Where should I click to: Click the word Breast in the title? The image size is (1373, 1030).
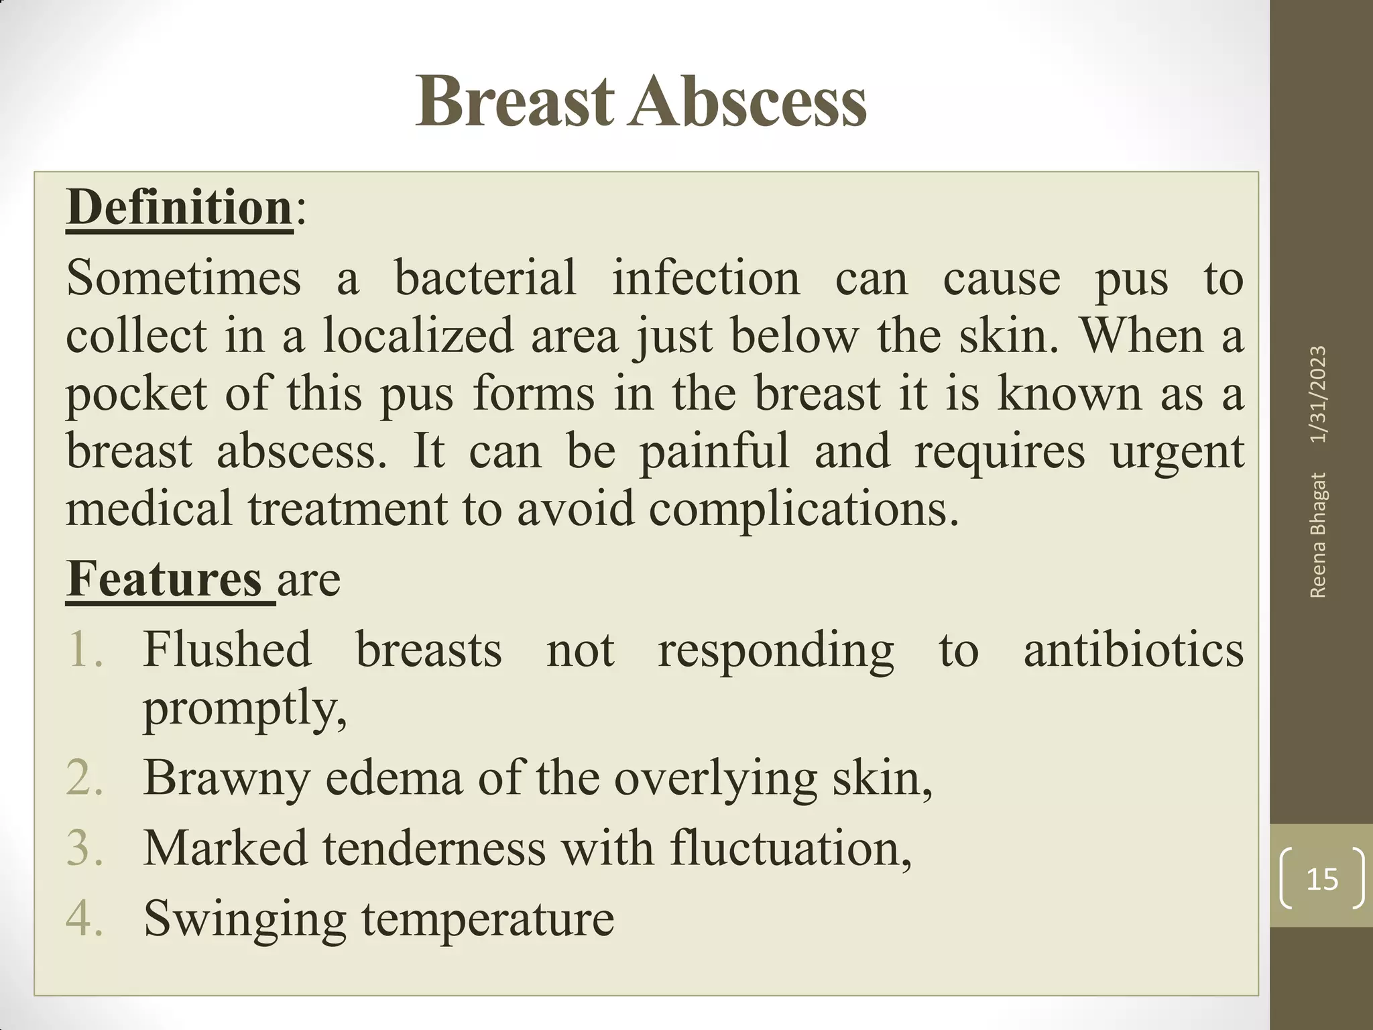(515, 102)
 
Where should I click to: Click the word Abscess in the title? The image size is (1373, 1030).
(747, 102)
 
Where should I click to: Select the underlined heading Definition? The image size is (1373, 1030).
(180, 208)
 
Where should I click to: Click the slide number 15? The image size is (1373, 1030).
(1322, 879)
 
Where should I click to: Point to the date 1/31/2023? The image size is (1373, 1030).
(1318, 394)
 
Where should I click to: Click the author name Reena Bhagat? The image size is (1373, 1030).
(1318, 534)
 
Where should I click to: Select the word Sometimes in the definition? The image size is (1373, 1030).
(184, 278)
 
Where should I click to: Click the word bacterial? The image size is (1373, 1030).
(485, 278)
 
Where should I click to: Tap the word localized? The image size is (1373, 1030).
(418, 335)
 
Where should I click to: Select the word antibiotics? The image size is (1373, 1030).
(1133, 649)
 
